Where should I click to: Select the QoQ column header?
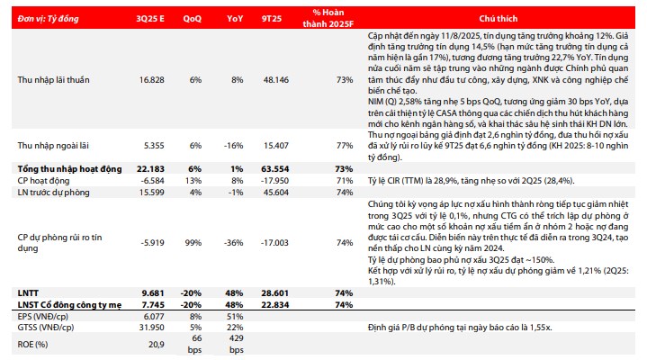pyautogui.click(x=193, y=16)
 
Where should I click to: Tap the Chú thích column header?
pyautogui.click(x=504, y=16)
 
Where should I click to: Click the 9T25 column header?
pyautogui.click(x=274, y=16)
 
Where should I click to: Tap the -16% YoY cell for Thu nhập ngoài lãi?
pyautogui.click(x=234, y=144)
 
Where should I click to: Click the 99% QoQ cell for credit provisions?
pyautogui.click(x=193, y=241)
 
